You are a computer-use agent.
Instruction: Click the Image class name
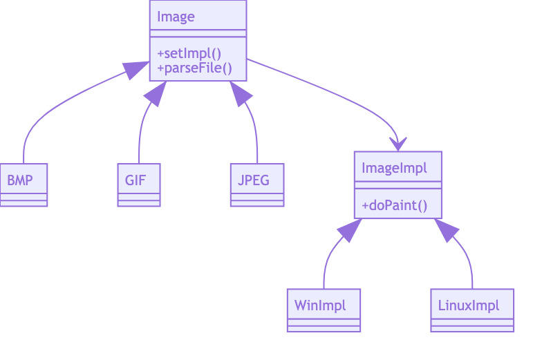coord(176,17)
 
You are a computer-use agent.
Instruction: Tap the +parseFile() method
coord(194,68)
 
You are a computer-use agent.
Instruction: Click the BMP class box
coord(23,181)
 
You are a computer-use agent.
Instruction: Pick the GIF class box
coord(138,181)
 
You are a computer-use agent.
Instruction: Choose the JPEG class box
coord(256,181)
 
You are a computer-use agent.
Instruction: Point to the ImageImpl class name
coord(394,167)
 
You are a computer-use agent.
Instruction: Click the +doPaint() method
coord(394,205)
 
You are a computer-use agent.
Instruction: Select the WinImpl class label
coord(319,305)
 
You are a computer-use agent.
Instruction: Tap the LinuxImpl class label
coord(468,305)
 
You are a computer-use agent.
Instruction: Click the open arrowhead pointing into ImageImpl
coord(398,144)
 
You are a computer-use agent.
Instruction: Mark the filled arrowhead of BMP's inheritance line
coord(136,69)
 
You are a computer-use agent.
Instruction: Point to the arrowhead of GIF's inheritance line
coord(156,93)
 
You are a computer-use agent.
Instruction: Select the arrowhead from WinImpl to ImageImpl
coord(350,231)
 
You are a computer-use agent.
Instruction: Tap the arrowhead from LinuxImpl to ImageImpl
coord(446,231)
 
